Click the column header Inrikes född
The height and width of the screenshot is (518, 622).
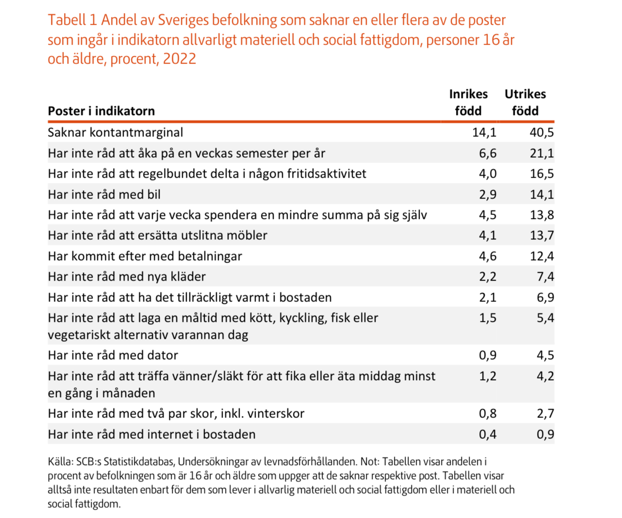(468, 102)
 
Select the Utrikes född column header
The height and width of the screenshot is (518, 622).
(525, 102)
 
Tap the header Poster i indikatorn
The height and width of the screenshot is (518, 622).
(101, 111)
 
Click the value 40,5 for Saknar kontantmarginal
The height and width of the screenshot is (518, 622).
(541, 132)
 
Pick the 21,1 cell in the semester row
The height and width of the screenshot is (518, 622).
(541, 153)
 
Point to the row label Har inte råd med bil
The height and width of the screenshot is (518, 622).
(104, 194)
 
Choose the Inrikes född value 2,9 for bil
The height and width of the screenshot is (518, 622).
(488, 194)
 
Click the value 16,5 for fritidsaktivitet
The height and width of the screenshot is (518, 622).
(541, 173)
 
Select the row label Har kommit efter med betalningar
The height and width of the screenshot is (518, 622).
(145, 256)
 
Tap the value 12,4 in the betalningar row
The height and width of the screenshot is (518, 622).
(541, 256)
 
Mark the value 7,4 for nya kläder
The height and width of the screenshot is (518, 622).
(545, 276)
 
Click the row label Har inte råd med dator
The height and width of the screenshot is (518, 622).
(113, 355)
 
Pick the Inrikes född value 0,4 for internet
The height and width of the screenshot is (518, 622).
(488, 434)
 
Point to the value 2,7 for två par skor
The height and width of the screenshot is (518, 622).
(545, 413)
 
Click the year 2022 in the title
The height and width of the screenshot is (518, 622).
(180, 59)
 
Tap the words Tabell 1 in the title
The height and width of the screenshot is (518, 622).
(73, 20)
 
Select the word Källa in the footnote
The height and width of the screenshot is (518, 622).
(60, 462)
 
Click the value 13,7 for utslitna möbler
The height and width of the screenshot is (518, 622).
(541, 235)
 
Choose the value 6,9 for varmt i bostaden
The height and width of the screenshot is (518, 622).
(545, 297)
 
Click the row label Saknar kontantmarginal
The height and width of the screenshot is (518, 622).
(115, 132)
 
